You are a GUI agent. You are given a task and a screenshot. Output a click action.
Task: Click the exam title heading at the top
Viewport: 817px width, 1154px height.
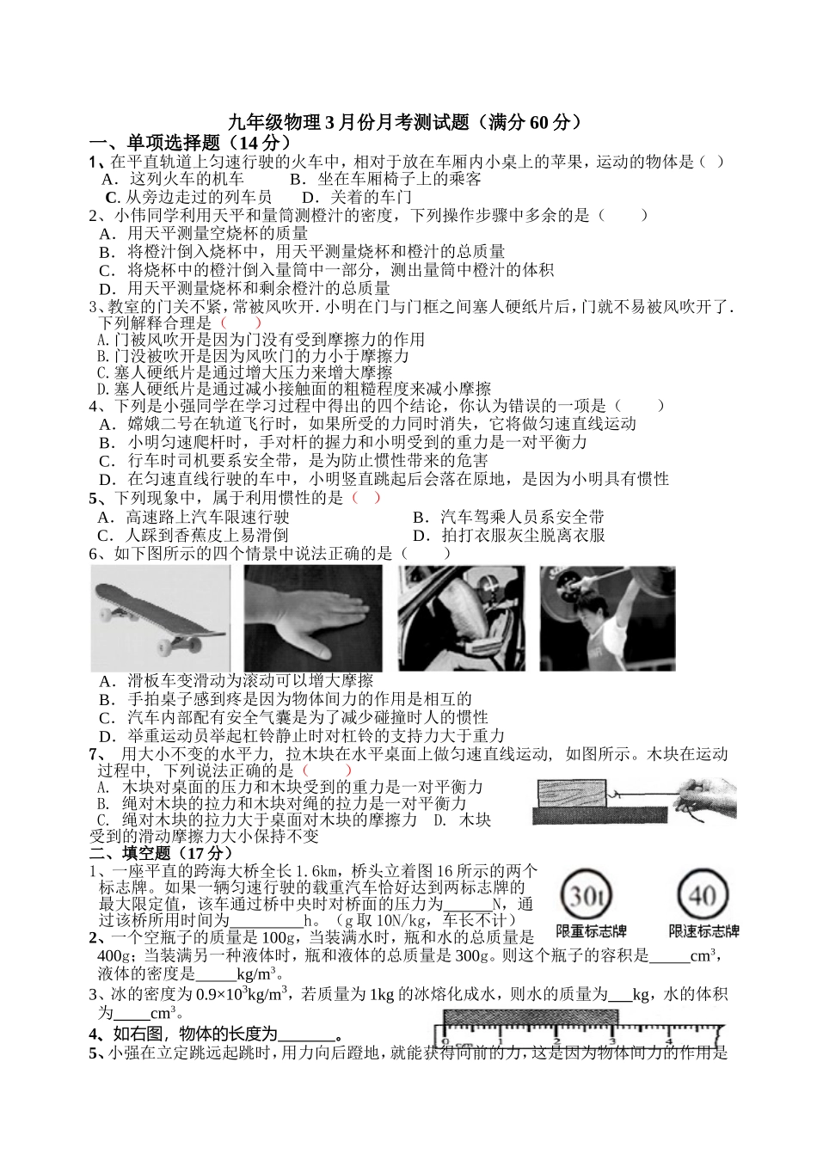[x=408, y=122]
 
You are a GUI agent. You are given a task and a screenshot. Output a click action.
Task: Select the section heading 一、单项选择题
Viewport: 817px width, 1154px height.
[x=190, y=142]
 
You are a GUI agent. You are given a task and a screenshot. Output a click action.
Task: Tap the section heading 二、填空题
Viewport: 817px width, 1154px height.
[x=162, y=852]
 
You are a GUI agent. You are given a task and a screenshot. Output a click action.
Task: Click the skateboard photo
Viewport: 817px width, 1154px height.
[x=161, y=617]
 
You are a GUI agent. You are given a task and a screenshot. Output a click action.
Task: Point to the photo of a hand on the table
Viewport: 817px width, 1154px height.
[x=314, y=617]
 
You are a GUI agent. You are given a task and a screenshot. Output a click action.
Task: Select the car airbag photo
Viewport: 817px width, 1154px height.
[x=461, y=617]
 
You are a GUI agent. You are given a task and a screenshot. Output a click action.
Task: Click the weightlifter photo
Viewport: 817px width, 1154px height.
[x=607, y=617]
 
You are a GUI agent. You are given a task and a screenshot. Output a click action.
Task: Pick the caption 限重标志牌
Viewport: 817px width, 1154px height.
[x=592, y=932]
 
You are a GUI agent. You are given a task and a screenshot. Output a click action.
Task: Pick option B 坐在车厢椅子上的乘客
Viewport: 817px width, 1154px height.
[x=386, y=179]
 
